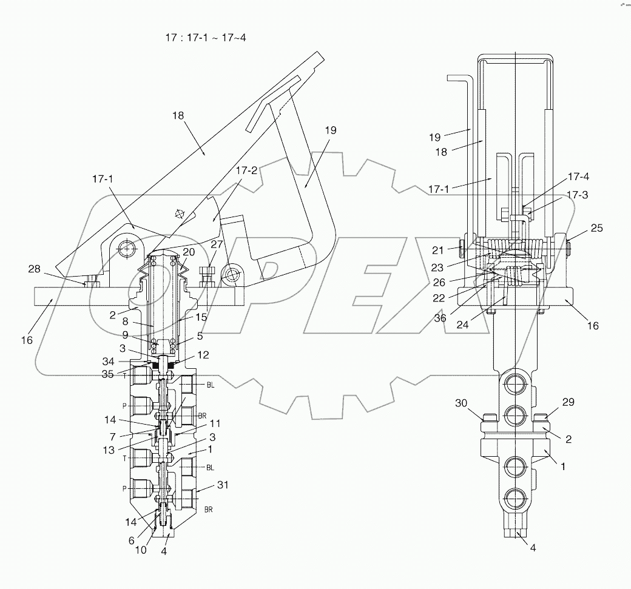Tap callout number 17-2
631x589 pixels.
click(x=247, y=171)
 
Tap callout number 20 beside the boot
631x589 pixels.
click(x=188, y=252)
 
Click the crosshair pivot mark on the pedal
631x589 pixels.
click(x=179, y=214)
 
